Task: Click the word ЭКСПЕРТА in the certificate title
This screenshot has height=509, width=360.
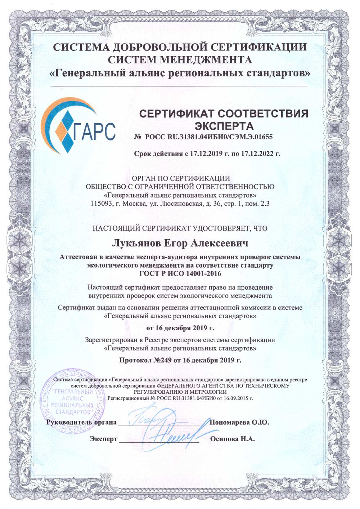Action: point(224,126)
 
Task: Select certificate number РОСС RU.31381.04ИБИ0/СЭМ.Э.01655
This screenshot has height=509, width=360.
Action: point(209,137)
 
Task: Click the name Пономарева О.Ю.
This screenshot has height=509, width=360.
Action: point(239,422)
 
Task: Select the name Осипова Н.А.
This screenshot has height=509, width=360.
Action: point(232,439)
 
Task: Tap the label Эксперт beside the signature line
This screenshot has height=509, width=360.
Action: point(104,439)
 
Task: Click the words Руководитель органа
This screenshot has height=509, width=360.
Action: point(82,422)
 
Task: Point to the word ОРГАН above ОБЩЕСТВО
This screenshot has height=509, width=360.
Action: point(144,178)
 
